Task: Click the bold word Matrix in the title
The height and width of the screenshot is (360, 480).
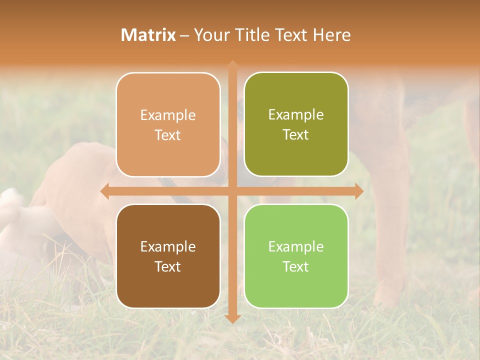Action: (148, 35)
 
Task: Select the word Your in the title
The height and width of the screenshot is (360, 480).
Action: (211, 35)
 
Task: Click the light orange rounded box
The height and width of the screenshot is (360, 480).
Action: (168, 124)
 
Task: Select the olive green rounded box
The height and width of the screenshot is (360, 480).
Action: (296, 124)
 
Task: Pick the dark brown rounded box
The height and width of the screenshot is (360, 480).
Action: (168, 256)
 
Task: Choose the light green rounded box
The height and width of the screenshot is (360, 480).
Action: (296, 256)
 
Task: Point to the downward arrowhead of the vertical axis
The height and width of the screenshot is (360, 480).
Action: (232, 318)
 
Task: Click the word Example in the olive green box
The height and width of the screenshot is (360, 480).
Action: (296, 115)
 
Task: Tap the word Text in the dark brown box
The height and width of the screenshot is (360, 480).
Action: (168, 266)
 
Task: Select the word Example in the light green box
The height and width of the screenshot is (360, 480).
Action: (296, 246)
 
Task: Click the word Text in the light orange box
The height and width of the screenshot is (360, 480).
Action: (168, 135)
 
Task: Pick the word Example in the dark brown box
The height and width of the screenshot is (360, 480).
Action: (168, 246)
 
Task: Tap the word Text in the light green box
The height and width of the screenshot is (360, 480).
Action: (296, 266)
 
